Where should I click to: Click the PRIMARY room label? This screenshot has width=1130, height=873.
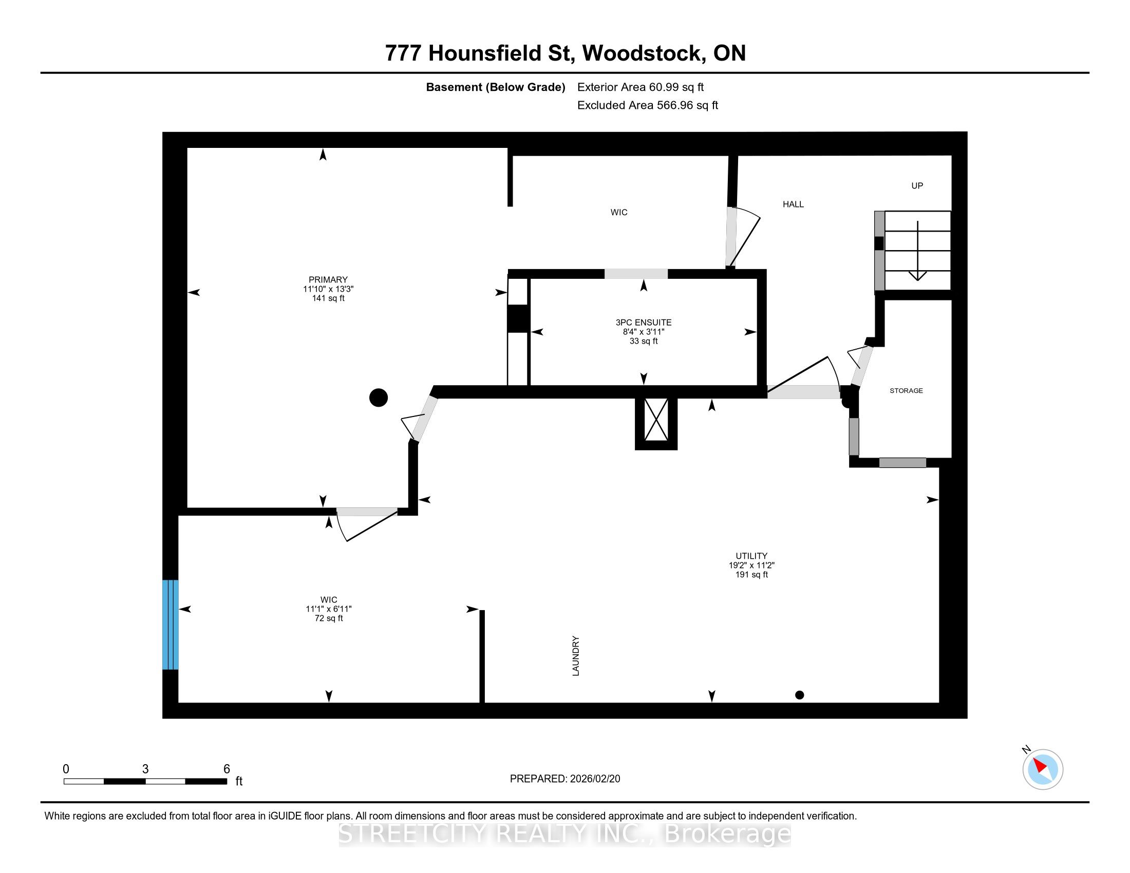pyautogui.click(x=328, y=280)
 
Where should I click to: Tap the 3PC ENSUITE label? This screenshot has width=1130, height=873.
pyautogui.click(x=643, y=322)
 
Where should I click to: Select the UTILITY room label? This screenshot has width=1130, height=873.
pyautogui.click(x=751, y=556)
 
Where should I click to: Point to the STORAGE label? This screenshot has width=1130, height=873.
pyautogui.click(x=906, y=390)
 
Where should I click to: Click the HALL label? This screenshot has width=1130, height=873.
pyautogui.click(x=793, y=204)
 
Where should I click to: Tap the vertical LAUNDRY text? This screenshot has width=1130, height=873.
pyautogui.click(x=576, y=656)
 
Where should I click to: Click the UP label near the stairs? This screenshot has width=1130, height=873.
pyautogui.click(x=917, y=186)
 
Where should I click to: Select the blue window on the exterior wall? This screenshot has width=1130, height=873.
pyautogui.click(x=170, y=625)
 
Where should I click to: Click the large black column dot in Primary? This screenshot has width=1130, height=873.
pyautogui.click(x=378, y=397)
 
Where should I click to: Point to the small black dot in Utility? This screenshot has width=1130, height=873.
pyautogui.click(x=799, y=695)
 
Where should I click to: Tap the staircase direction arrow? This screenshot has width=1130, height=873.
pyautogui.click(x=917, y=251)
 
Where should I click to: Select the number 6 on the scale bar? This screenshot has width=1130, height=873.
pyautogui.click(x=227, y=769)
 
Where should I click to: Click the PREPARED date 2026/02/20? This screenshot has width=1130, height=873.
pyautogui.click(x=593, y=779)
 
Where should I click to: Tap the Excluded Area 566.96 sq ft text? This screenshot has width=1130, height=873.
pyautogui.click(x=648, y=105)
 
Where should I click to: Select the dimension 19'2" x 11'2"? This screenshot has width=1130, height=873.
pyautogui.click(x=751, y=565)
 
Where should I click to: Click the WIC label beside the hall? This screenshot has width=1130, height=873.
pyautogui.click(x=619, y=213)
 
